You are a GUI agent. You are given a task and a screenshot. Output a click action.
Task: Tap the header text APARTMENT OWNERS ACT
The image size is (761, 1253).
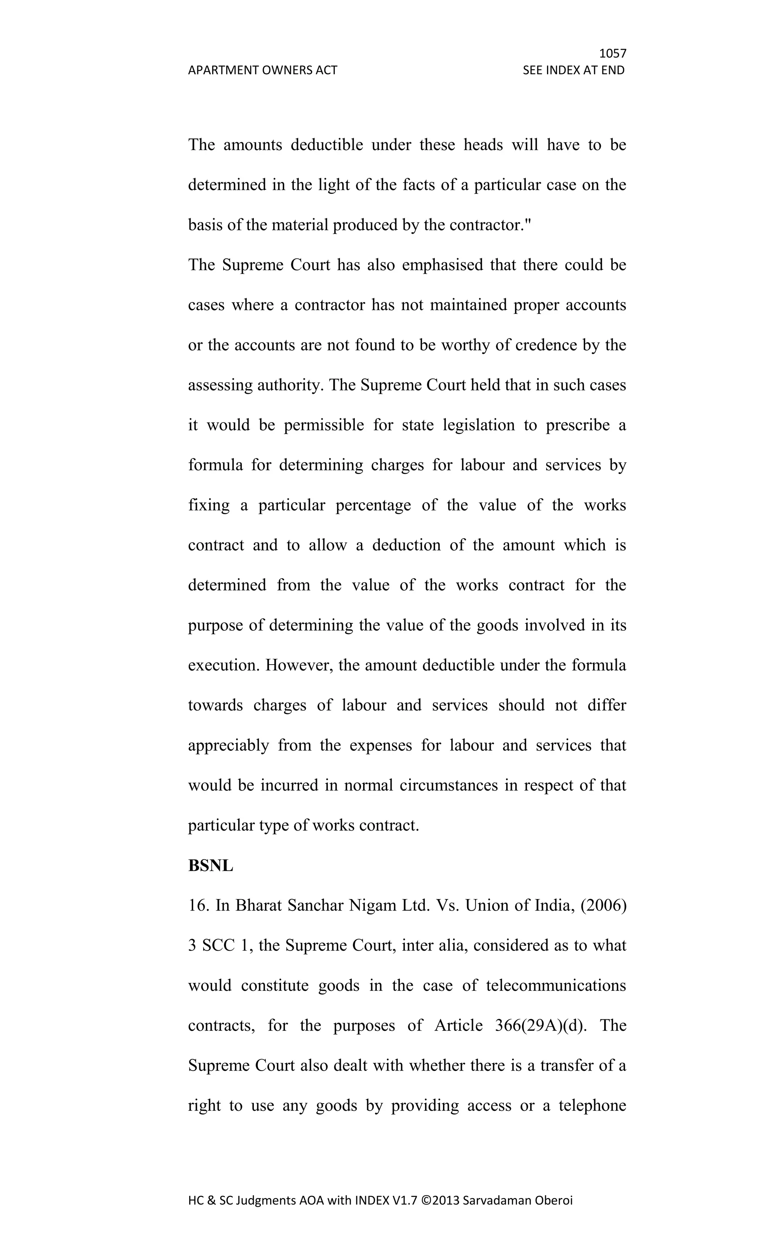(262, 70)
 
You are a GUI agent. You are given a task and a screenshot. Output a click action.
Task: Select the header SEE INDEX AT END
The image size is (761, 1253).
(573, 70)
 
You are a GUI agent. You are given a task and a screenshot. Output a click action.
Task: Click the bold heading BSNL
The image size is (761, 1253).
(211, 866)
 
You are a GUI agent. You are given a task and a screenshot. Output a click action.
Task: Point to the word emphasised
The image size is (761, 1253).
(441, 265)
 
